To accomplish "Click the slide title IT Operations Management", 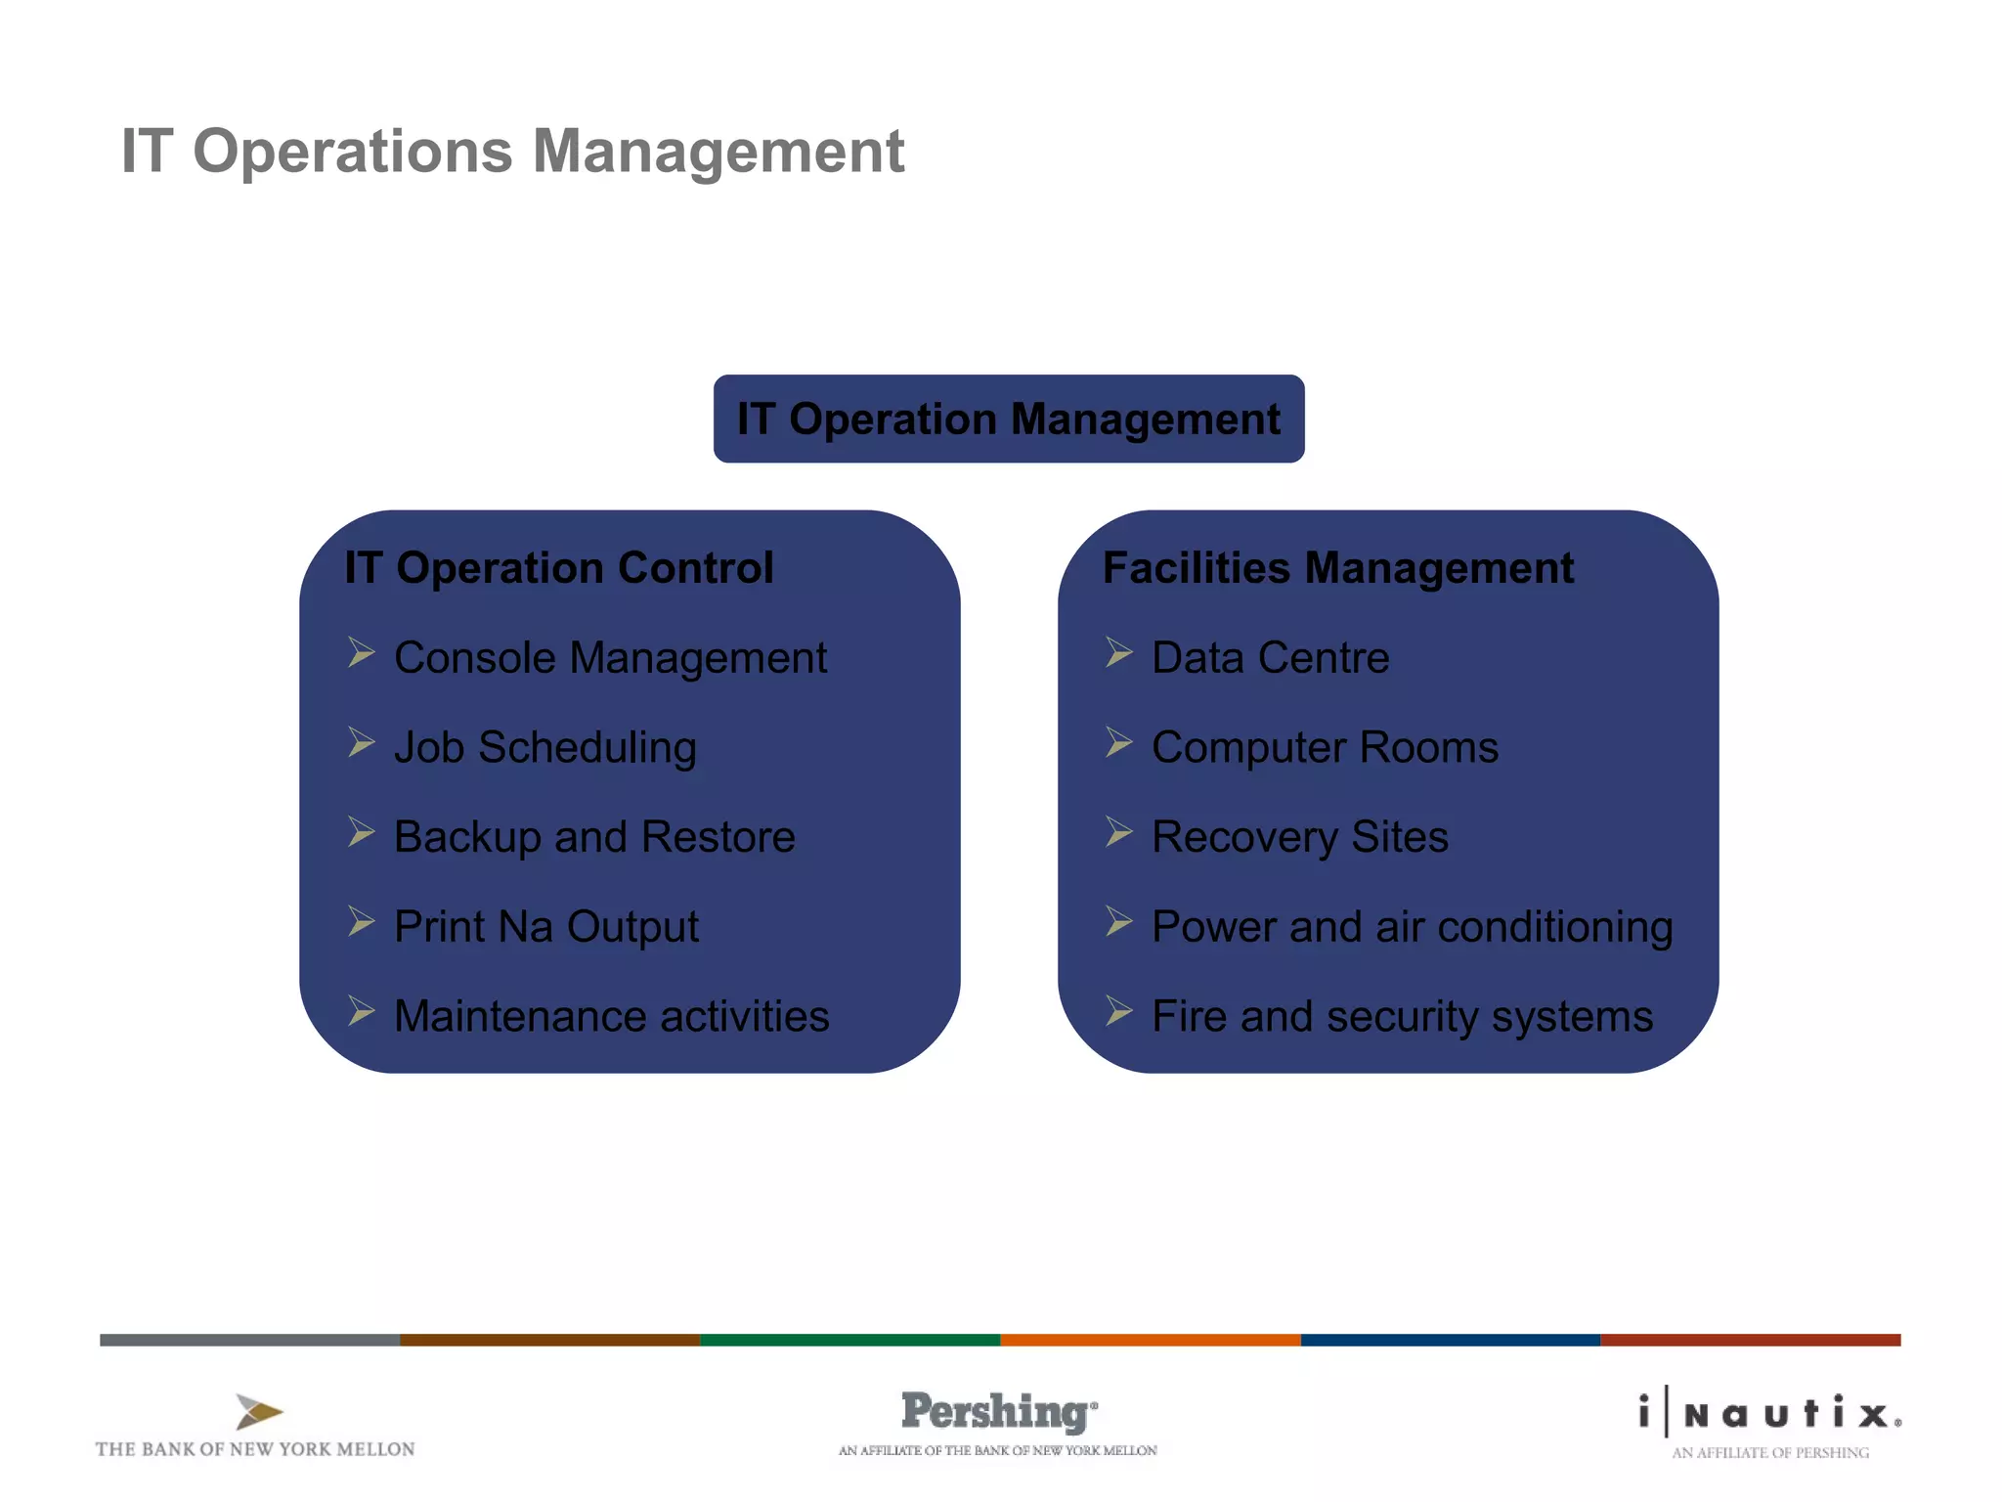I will point(512,152).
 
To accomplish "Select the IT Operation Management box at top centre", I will point(1008,419).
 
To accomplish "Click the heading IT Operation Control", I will point(558,568).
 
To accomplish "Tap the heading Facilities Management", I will point(1337,568).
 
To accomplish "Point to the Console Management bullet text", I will point(610,658).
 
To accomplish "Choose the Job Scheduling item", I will point(544,748).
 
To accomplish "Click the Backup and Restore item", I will point(594,837).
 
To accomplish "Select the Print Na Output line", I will point(545,927).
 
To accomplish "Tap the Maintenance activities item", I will point(611,1016).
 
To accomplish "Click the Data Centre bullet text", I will point(1270,658).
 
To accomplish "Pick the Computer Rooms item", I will point(1325,748).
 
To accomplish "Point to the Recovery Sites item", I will point(1299,837).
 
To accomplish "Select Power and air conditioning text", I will point(1412,927).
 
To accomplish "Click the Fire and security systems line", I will point(1402,1016).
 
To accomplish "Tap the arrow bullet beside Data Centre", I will point(1118,652).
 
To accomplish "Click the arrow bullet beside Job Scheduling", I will point(361,742).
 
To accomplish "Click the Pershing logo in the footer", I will point(998,1412).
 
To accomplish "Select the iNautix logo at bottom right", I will point(1769,1414).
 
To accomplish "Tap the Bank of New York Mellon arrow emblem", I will point(258,1412).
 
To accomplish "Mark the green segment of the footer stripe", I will point(849,1340).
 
